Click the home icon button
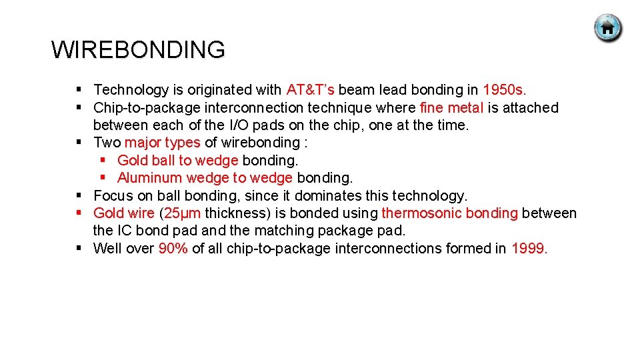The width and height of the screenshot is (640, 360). point(607,28)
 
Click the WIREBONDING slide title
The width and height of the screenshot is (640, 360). point(138,50)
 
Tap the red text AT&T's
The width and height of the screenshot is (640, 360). point(311,90)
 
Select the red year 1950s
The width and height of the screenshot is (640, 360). point(504,90)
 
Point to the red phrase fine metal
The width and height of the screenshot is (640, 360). point(452,108)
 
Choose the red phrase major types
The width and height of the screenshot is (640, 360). point(162,143)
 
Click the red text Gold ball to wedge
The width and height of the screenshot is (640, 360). point(177,161)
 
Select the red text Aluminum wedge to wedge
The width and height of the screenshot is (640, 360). point(205,178)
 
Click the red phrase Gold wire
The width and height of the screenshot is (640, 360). point(123,213)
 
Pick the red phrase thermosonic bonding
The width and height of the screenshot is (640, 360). point(449,213)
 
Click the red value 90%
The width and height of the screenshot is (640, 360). point(173,249)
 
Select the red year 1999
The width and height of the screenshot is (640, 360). point(529,249)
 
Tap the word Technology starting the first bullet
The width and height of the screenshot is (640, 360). point(131,90)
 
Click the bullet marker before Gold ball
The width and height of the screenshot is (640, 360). point(103,161)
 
